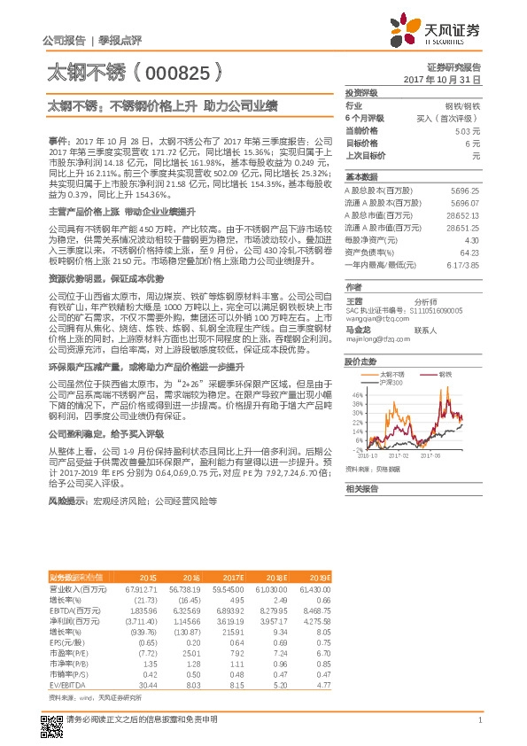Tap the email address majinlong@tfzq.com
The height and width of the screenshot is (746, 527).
point(373,337)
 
